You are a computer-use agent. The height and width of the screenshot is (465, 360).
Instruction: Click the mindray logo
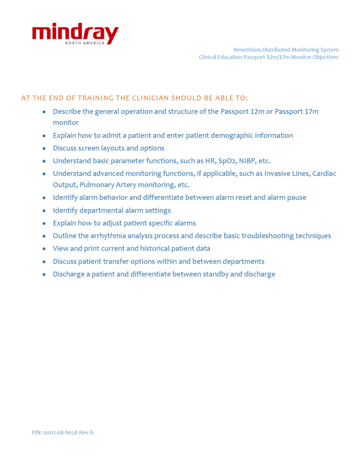pyautogui.click(x=75, y=32)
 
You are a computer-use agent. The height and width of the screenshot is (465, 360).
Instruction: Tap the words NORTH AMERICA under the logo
pyautogui.click(x=84, y=43)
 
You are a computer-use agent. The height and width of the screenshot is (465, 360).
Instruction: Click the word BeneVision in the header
pyautogui.click(x=247, y=50)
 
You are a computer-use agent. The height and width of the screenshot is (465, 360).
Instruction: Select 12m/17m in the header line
pyautogui.click(x=278, y=57)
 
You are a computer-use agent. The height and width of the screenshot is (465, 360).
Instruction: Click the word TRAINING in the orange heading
pyautogui.click(x=96, y=98)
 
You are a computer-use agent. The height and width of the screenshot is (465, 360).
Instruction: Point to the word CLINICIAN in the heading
pyautogui.click(x=150, y=98)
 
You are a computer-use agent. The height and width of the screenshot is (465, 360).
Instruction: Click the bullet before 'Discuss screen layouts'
pyautogui.click(x=44, y=149)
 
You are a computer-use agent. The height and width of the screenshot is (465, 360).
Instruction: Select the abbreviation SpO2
pyautogui.click(x=227, y=161)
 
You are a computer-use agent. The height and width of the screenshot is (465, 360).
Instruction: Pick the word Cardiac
pyautogui.click(x=324, y=174)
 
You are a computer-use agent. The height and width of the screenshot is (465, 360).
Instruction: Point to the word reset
pyautogui.click(x=243, y=198)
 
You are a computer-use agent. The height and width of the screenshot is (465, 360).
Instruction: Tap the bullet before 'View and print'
pyautogui.click(x=44, y=249)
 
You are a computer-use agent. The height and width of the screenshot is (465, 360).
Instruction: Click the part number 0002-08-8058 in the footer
pyautogui.click(x=60, y=432)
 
